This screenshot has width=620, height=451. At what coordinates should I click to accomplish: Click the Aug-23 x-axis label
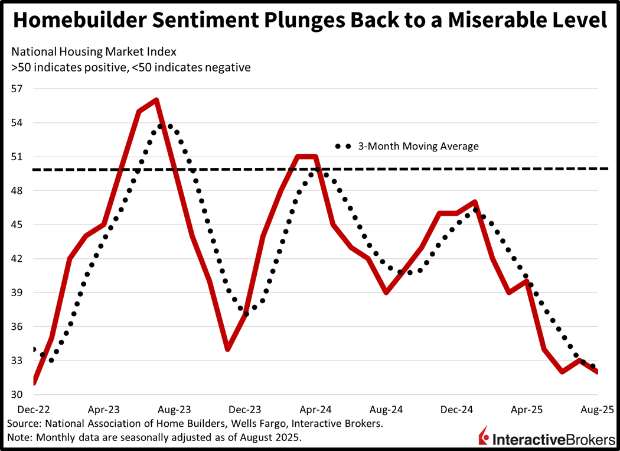pyautogui.click(x=175, y=409)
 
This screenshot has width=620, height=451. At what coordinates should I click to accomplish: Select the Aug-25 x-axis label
pyautogui.click(x=598, y=409)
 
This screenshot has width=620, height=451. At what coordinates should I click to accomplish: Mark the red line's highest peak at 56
pyautogui.click(x=156, y=100)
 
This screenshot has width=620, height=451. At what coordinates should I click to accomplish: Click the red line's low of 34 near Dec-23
pyautogui.click(x=227, y=349)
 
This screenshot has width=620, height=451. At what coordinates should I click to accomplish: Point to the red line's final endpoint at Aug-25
pyautogui.click(x=598, y=372)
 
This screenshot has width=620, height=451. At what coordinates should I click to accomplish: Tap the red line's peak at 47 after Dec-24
pyautogui.click(x=475, y=202)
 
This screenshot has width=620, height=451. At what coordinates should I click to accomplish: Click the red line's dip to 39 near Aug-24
pyautogui.click(x=386, y=293)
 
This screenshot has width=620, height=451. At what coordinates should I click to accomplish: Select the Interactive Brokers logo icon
pyautogui.click(x=484, y=437)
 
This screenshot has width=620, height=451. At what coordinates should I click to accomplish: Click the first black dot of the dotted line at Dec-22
pyautogui.click(x=34, y=349)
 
